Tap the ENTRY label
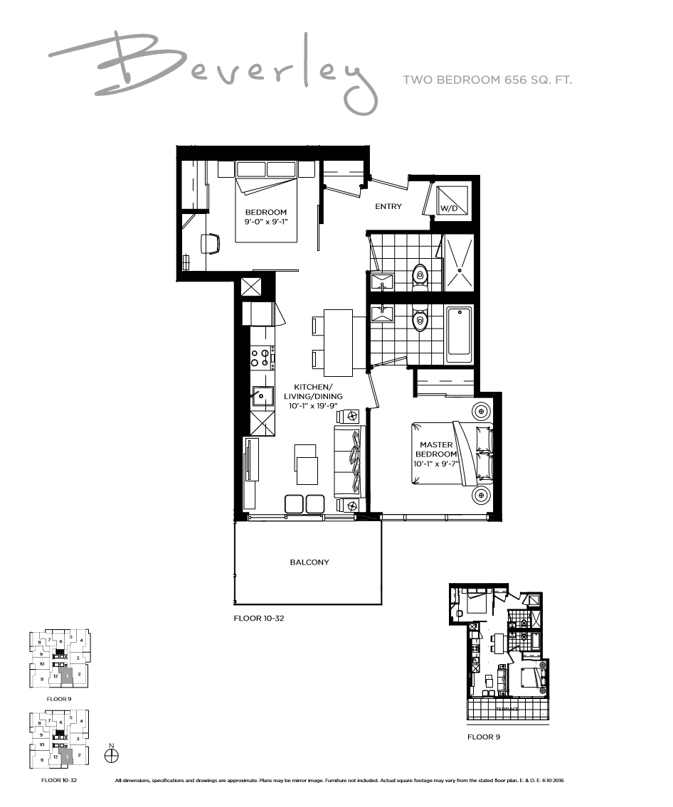[x=388, y=207]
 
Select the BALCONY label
[x=309, y=562]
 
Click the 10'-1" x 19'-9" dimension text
[x=313, y=406]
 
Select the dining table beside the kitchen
[x=338, y=343]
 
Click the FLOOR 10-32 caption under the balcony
[x=259, y=619]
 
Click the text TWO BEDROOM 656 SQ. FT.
[x=487, y=80]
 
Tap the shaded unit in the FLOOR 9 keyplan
[x=65, y=676]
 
